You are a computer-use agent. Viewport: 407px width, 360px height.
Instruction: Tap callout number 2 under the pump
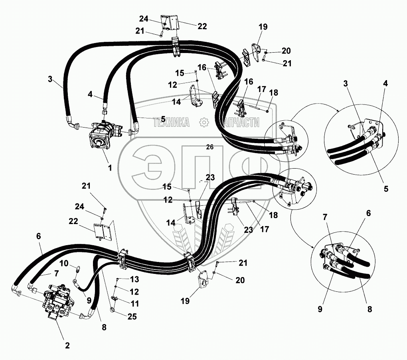[x=67, y=345]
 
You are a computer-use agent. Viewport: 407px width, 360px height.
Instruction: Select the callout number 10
[x=63, y=264]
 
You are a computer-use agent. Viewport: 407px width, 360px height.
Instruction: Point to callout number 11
[x=135, y=303]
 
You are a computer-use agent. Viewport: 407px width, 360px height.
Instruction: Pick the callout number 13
[x=135, y=279]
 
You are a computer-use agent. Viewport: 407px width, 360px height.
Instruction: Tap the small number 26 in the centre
[x=210, y=147]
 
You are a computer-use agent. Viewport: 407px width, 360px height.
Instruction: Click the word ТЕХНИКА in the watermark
[x=172, y=123]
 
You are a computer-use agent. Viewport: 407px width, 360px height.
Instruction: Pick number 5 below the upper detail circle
[x=386, y=189]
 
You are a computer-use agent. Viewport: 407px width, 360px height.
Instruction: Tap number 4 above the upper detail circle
[x=385, y=83]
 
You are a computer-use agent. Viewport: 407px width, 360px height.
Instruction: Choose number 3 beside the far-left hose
[x=50, y=79]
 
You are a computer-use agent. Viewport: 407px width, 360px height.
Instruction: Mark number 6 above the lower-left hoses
[x=38, y=236]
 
